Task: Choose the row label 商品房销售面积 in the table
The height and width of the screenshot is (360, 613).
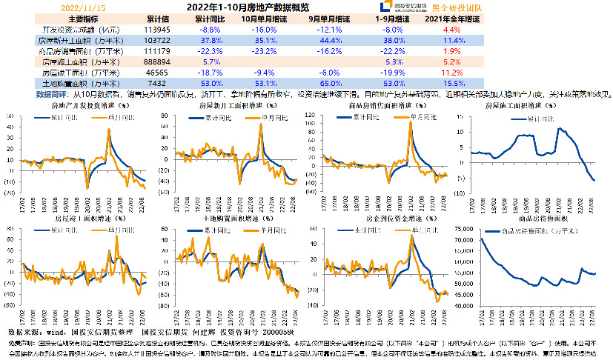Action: pyautogui.click(x=78, y=51)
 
